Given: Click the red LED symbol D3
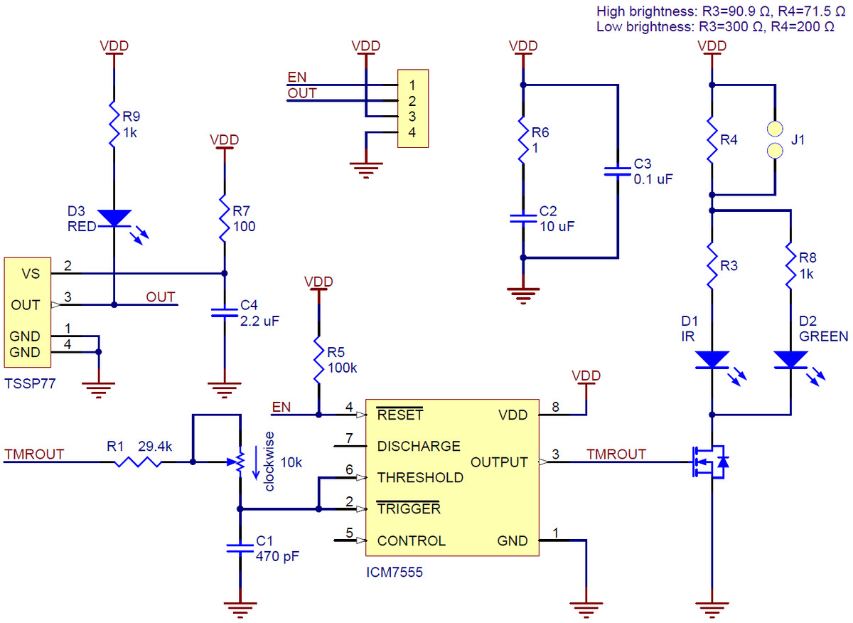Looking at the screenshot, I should tap(114, 218).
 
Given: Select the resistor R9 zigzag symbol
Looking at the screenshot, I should tap(114, 125).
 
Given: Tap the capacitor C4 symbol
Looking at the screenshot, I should tap(225, 313).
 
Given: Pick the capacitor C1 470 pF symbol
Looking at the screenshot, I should tap(240, 547).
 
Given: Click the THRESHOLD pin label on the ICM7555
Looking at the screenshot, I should tap(420, 477).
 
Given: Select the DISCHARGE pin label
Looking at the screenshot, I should tap(419, 447).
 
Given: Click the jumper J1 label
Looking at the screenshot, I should tap(798, 141).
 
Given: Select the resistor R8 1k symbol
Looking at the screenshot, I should tap(790, 265).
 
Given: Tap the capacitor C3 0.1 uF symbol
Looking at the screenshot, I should tap(617, 171).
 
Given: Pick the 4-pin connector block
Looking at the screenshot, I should tap(413, 109).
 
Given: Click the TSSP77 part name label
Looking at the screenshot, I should tap(29, 383).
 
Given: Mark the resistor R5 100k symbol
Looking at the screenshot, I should tap(318, 358).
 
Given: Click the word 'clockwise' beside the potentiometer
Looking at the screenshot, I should tap(269, 461).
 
